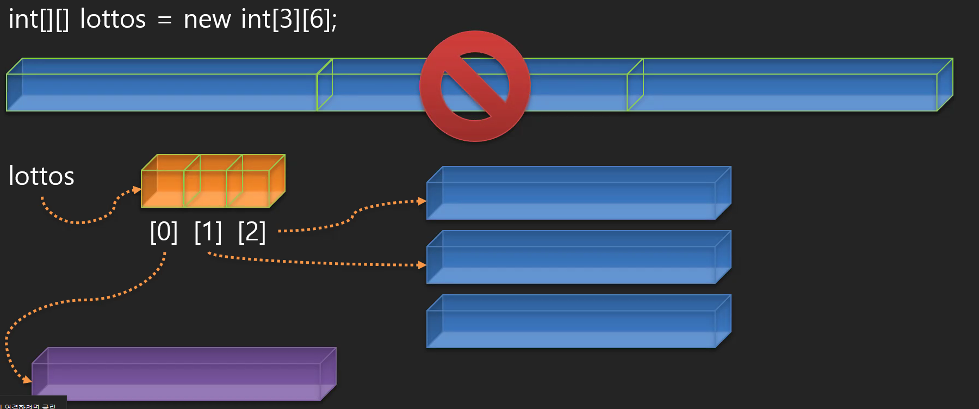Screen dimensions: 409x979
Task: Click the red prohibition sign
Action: click(475, 86)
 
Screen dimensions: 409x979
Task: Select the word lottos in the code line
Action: click(113, 20)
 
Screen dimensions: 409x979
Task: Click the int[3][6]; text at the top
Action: click(289, 20)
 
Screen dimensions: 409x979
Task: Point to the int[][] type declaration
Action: click(39, 20)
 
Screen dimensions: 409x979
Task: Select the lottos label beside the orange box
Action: click(41, 176)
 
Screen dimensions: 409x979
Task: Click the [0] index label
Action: click(164, 232)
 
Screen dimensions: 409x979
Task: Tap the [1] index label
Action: click(208, 232)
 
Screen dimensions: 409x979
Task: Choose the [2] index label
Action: click(252, 232)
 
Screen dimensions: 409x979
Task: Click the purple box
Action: click(184, 374)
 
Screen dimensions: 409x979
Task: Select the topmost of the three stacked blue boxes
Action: click(578, 193)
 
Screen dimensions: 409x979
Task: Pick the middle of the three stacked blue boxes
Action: click(578, 257)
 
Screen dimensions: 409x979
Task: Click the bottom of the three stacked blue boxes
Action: click(578, 321)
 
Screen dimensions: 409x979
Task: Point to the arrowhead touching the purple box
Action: click(27, 379)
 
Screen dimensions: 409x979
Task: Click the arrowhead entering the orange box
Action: click(137, 190)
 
